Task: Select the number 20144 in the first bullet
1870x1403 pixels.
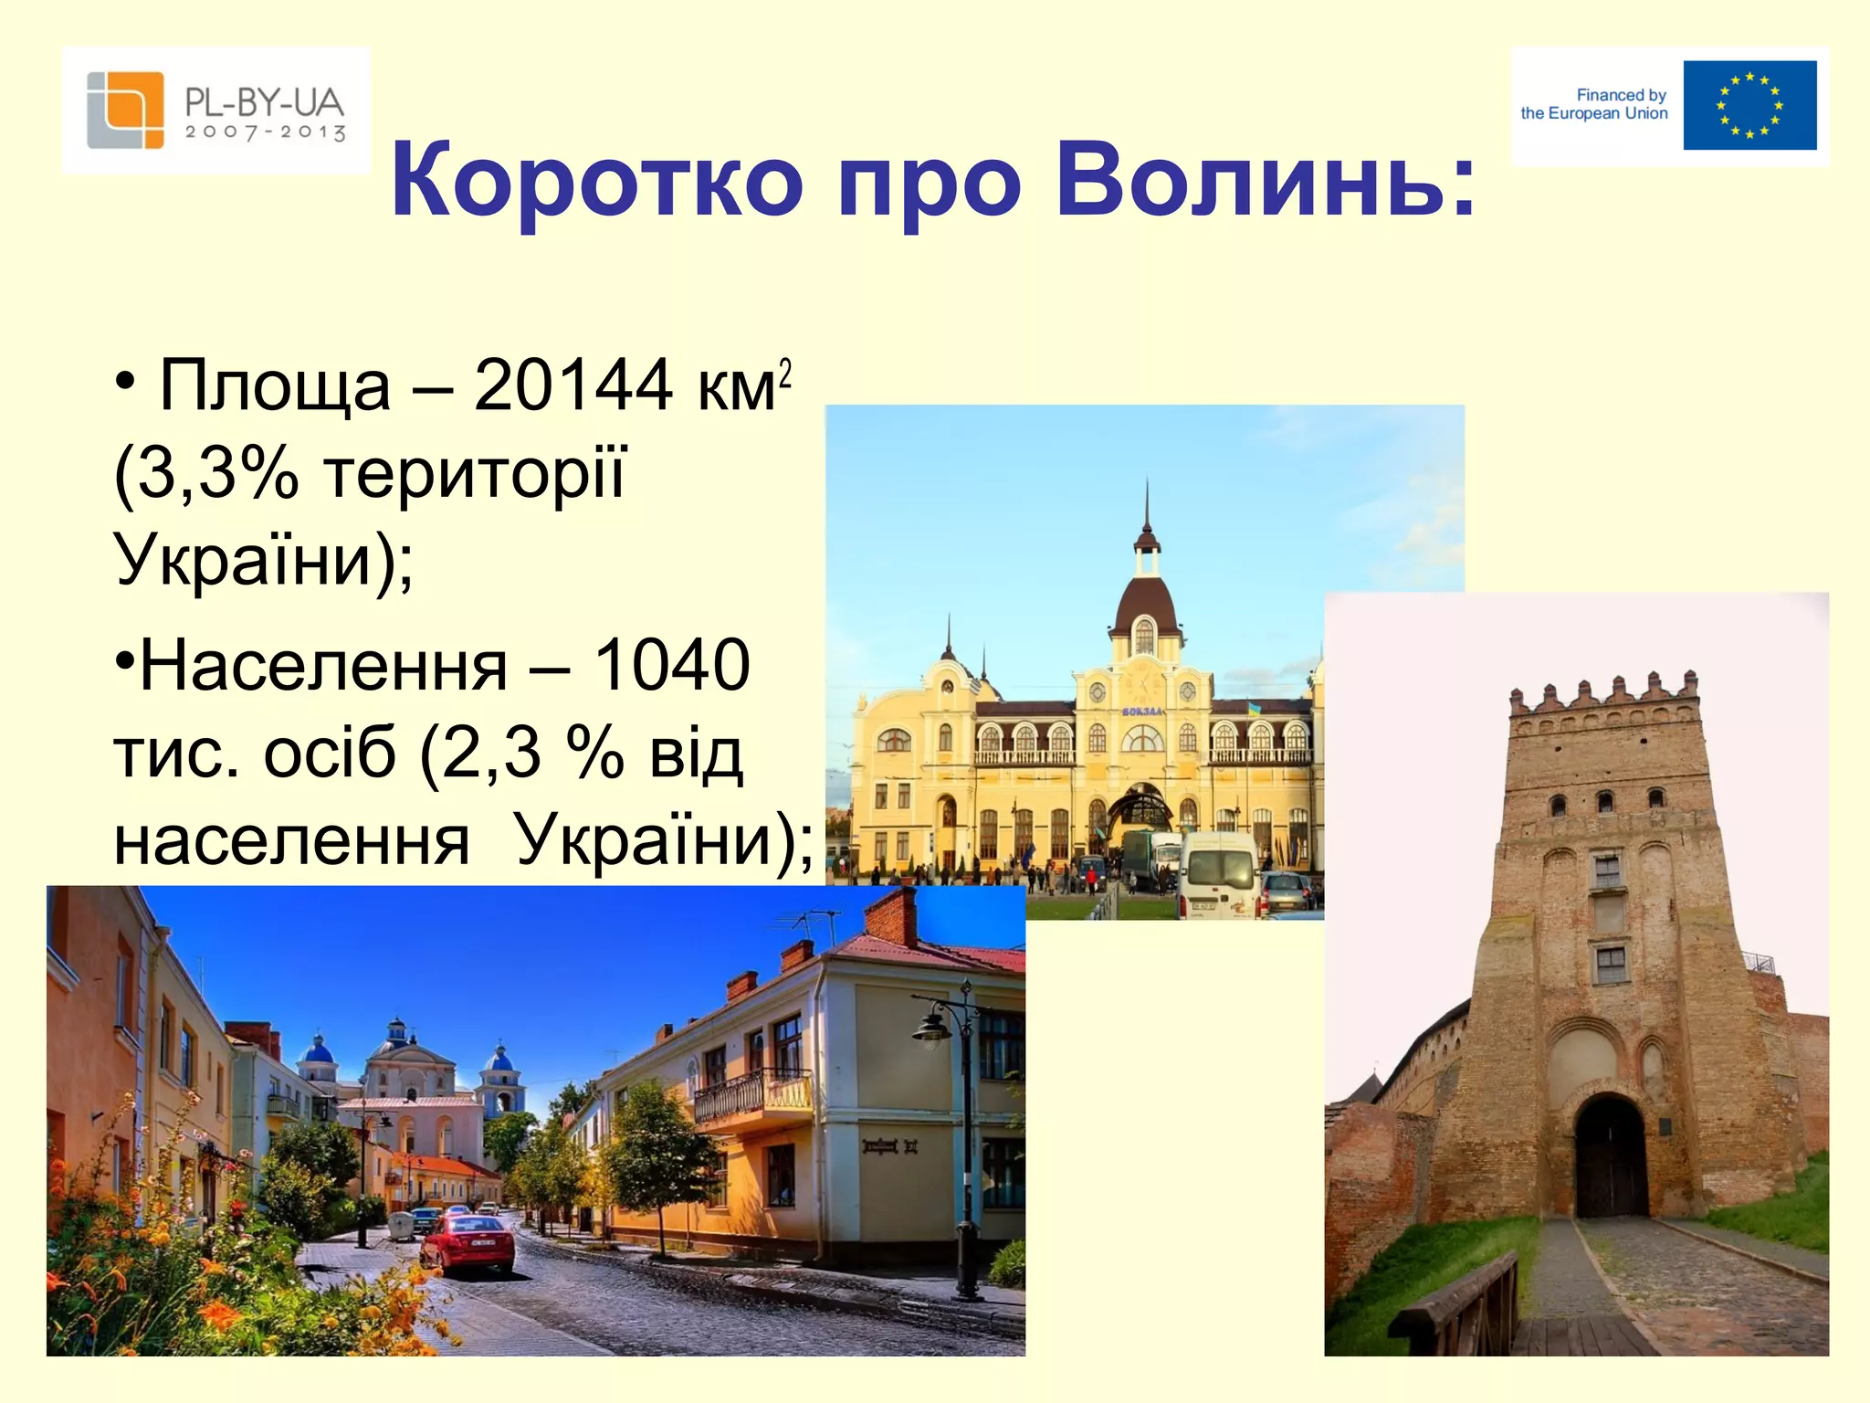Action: pos(573,385)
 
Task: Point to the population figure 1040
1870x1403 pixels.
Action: pos(672,665)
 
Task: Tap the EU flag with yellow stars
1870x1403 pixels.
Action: pos(1749,105)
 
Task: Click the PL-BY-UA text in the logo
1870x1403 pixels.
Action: pos(264,101)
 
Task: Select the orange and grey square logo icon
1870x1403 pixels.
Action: pos(125,110)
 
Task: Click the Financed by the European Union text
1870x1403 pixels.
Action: pos(1594,104)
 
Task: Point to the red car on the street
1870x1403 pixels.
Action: pos(467,1242)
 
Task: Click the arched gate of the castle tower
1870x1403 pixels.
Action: pos(1611,1156)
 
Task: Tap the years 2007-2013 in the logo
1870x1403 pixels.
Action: pos(265,132)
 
